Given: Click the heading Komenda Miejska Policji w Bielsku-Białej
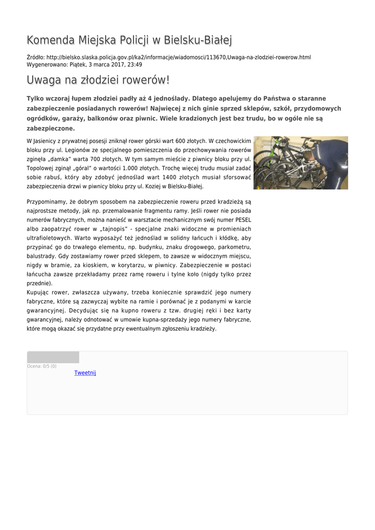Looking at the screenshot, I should point(129,40).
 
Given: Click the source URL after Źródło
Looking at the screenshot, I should point(178,57).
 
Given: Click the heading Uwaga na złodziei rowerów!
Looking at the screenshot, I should point(98,81).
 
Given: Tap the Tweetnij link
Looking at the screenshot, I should point(85,373).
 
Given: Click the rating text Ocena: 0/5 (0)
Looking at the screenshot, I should point(42,366).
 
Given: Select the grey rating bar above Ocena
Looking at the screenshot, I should point(53,357).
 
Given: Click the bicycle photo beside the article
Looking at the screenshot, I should point(301,163).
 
